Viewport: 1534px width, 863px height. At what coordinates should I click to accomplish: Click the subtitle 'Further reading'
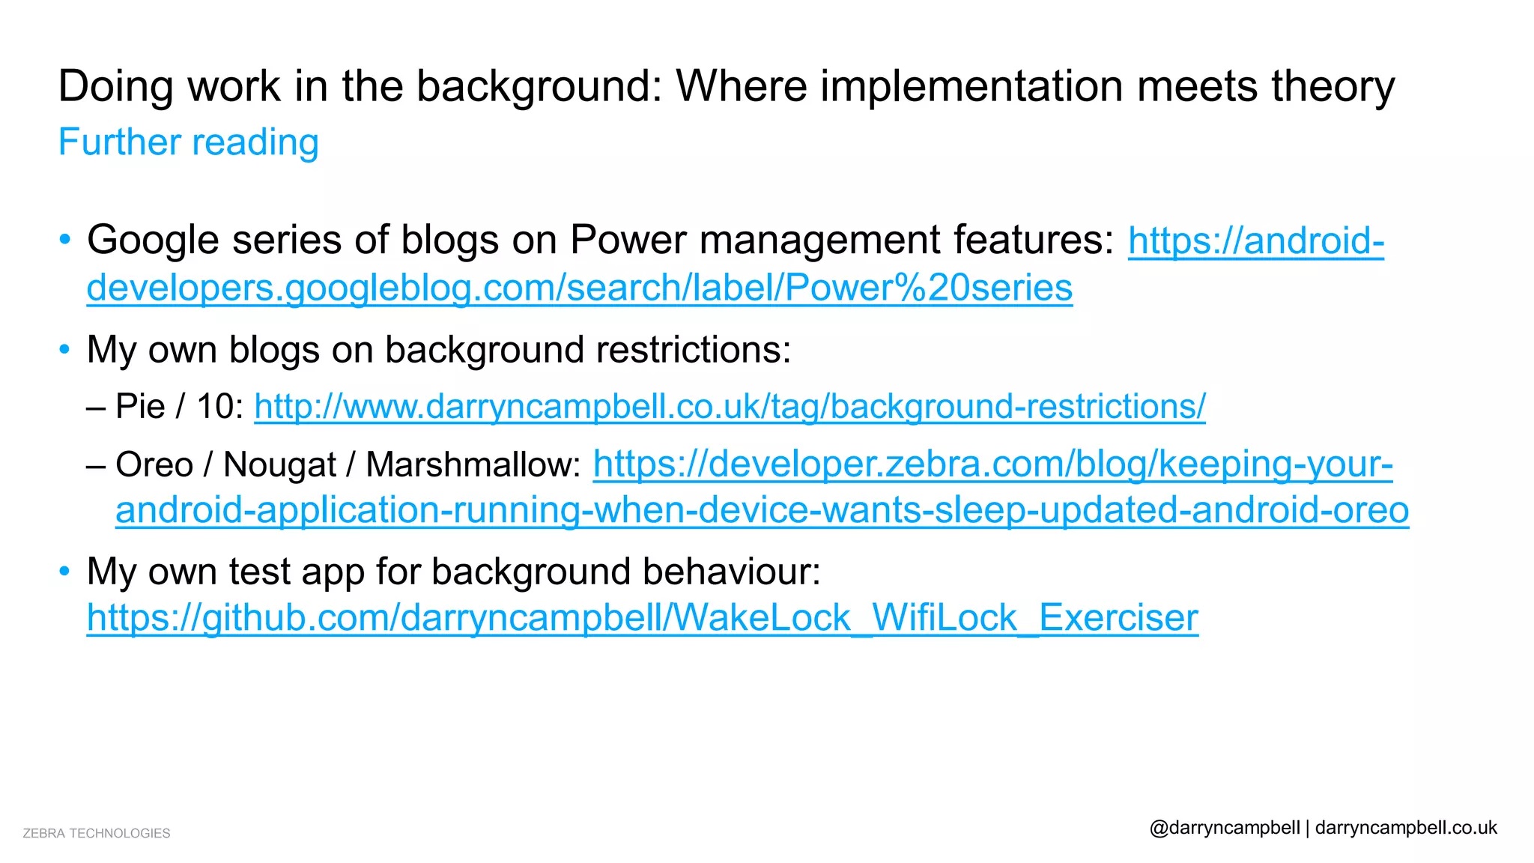coord(189,142)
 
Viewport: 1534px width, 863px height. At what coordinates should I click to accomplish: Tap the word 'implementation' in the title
coord(971,86)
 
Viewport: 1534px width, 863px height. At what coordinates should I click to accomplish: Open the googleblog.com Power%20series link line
coord(579,288)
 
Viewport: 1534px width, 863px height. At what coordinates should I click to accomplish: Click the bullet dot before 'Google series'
coord(65,240)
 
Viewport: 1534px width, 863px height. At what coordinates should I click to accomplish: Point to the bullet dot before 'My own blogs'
coord(65,350)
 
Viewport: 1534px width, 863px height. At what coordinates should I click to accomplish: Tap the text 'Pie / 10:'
coord(180,407)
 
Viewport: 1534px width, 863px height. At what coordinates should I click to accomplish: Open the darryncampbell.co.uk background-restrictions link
coord(730,407)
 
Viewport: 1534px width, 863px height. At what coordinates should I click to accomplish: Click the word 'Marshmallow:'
coord(473,465)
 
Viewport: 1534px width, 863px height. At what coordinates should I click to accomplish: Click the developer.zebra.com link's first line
coord(992,464)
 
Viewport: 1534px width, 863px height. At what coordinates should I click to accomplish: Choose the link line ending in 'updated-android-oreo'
coord(762,511)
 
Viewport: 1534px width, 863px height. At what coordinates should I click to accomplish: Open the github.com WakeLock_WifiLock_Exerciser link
coord(642,619)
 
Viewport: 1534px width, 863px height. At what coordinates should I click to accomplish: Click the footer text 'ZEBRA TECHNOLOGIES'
coord(97,833)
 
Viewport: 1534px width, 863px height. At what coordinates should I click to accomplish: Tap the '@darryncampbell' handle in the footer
coord(1225,828)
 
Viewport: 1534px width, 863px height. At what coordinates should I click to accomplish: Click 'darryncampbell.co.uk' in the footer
coord(1406,828)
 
